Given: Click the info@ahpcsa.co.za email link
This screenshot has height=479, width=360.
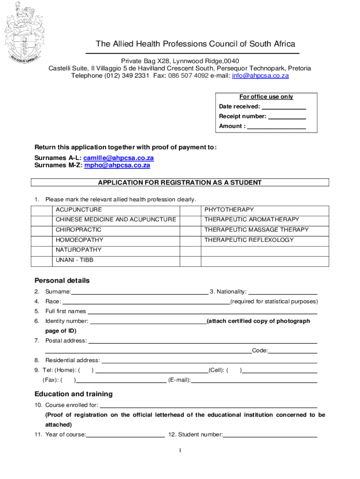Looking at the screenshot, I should point(260,76).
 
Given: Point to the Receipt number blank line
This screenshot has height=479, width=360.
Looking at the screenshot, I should point(287,117).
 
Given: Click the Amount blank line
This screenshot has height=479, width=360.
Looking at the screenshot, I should point(276,126).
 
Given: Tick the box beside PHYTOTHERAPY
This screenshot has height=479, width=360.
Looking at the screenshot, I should point(190,210).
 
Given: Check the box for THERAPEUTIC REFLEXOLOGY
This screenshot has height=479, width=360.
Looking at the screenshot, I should point(190,240).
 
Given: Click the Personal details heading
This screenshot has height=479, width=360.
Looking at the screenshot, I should point(62,281).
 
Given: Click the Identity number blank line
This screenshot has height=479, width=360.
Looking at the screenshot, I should point(148,322).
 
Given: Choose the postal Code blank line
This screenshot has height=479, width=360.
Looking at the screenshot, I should point(293,352).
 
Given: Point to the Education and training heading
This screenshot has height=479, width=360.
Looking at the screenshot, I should point(73,394).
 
